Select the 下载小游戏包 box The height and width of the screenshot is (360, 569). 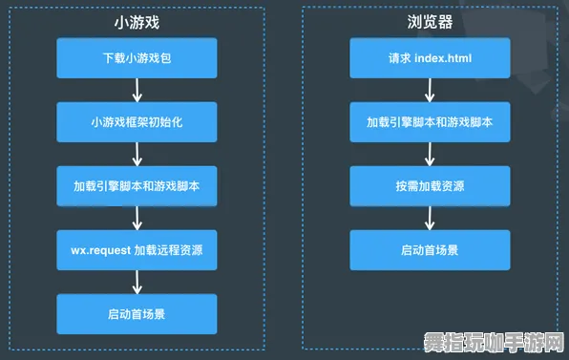click(137, 58)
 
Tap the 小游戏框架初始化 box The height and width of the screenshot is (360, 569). click(137, 122)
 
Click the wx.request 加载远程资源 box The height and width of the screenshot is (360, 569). click(137, 250)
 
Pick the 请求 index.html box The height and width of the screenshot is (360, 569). click(430, 58)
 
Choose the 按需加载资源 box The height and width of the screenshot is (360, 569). click(430, 186)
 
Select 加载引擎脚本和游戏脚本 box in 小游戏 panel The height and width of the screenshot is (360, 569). click(137, 186)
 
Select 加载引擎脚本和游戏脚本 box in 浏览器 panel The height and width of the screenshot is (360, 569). click(430, 122)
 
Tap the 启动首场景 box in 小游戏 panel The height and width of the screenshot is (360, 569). click(137, 314)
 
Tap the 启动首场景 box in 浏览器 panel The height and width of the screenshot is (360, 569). click(430, 250)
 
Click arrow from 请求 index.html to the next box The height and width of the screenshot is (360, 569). click(430, 91)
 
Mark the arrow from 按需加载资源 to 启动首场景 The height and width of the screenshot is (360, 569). click(430, 219)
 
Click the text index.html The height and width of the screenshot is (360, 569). click(442, 58)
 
